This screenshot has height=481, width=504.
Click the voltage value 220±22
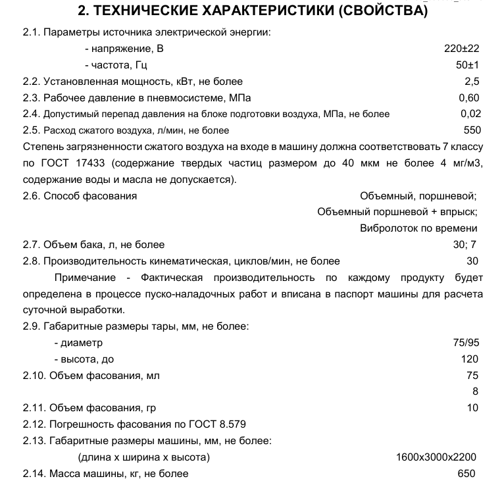point(463,48)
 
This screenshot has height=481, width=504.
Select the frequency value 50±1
point(468,64)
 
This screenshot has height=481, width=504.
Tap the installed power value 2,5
point(472,81)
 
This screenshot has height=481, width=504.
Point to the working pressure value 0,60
point(470,97)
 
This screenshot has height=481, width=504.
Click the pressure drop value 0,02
point(471,113)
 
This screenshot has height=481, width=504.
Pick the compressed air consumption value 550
point(472,130)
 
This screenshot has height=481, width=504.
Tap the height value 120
point(470,359)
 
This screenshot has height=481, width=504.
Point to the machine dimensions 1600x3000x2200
point(436,457)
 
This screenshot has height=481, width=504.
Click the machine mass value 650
point(466,473)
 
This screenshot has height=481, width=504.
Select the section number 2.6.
point(32,195)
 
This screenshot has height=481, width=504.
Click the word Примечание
point(86,277)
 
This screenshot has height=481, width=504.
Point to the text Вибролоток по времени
point(418,228)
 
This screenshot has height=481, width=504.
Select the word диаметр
point(82,343)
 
